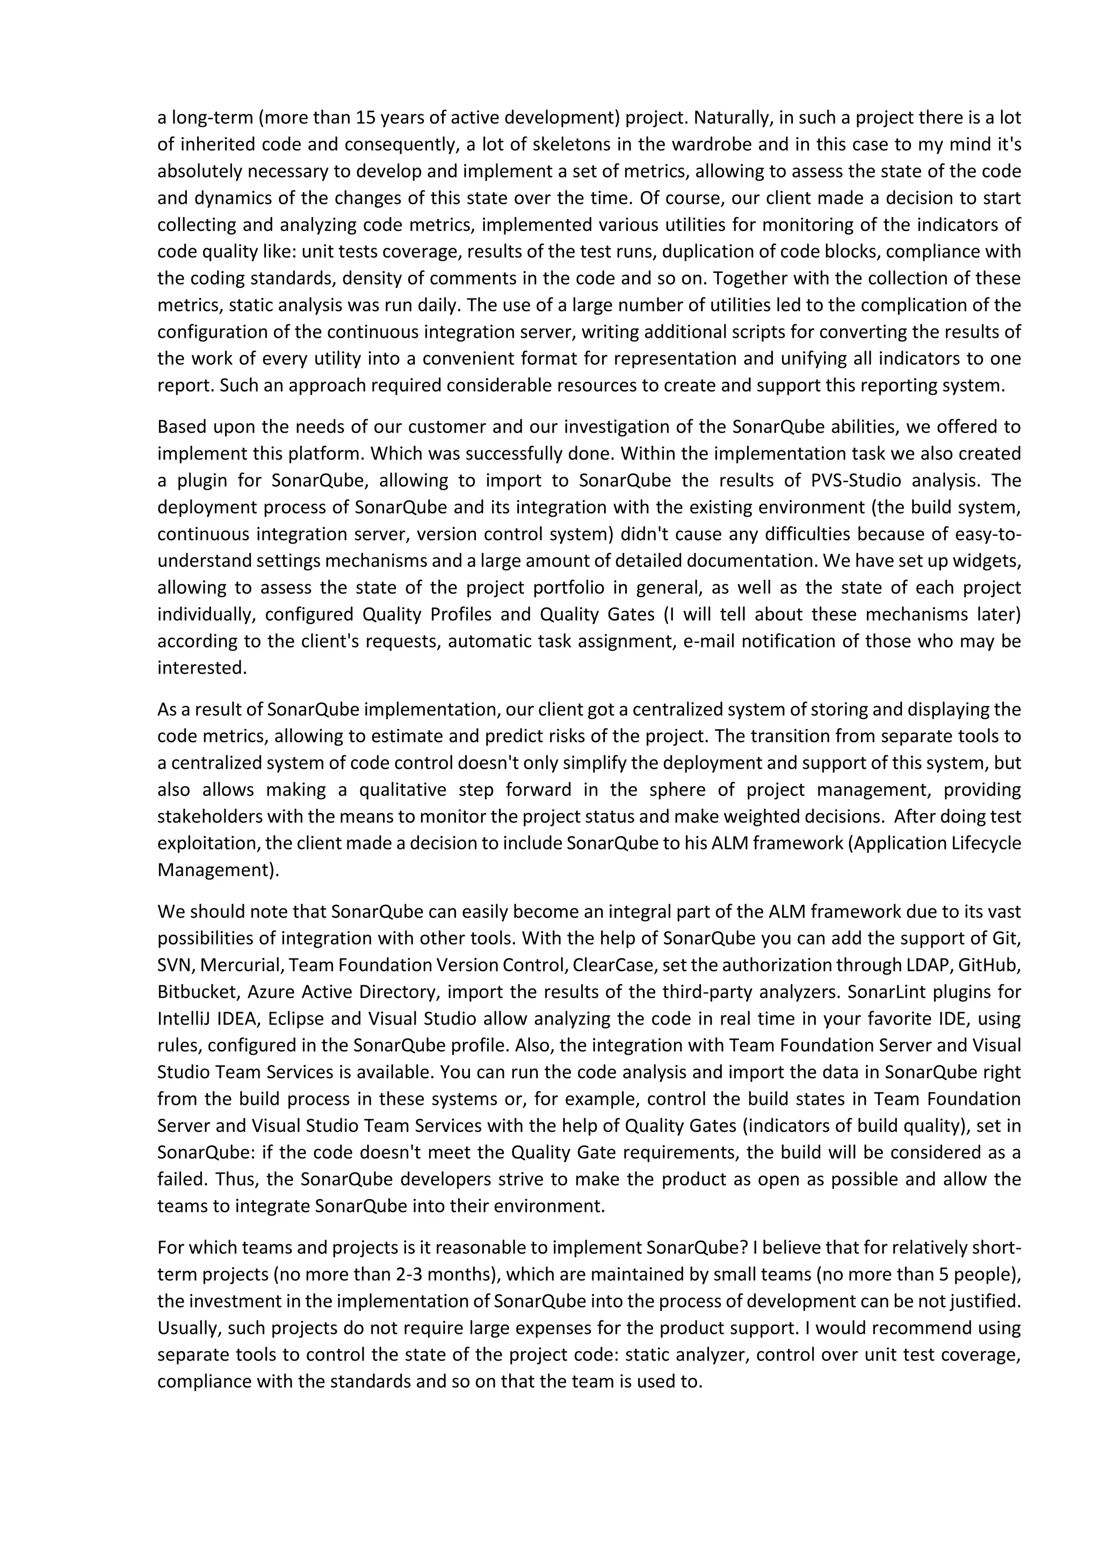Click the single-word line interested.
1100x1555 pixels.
(x=202, y=668)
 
